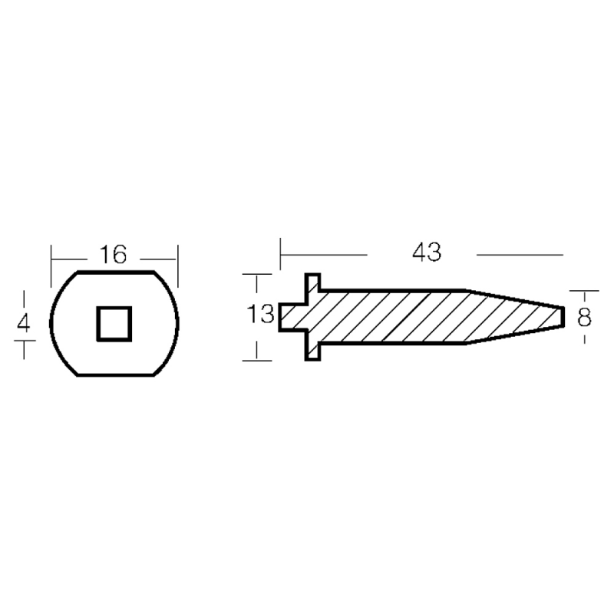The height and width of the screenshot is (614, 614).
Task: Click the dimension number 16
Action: (x=113, y=255)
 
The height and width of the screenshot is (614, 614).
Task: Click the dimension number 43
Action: (x=427, y=253)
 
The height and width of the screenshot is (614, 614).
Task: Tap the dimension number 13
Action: (x=260, y=314)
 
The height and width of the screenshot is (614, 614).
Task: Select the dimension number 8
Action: (x=584, y=318)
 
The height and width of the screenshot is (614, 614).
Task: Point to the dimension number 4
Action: (x=24, y=323)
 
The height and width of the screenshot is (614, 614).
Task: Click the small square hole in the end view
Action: (x=114, y=324)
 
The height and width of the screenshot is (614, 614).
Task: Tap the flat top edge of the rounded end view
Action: (x=116, y=271)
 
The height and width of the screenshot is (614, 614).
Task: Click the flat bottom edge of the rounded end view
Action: (x=116, y=375)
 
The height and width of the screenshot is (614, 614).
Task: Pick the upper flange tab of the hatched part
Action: (x=312, y=282)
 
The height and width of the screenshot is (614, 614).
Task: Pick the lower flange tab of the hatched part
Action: (x=312, y=352)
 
